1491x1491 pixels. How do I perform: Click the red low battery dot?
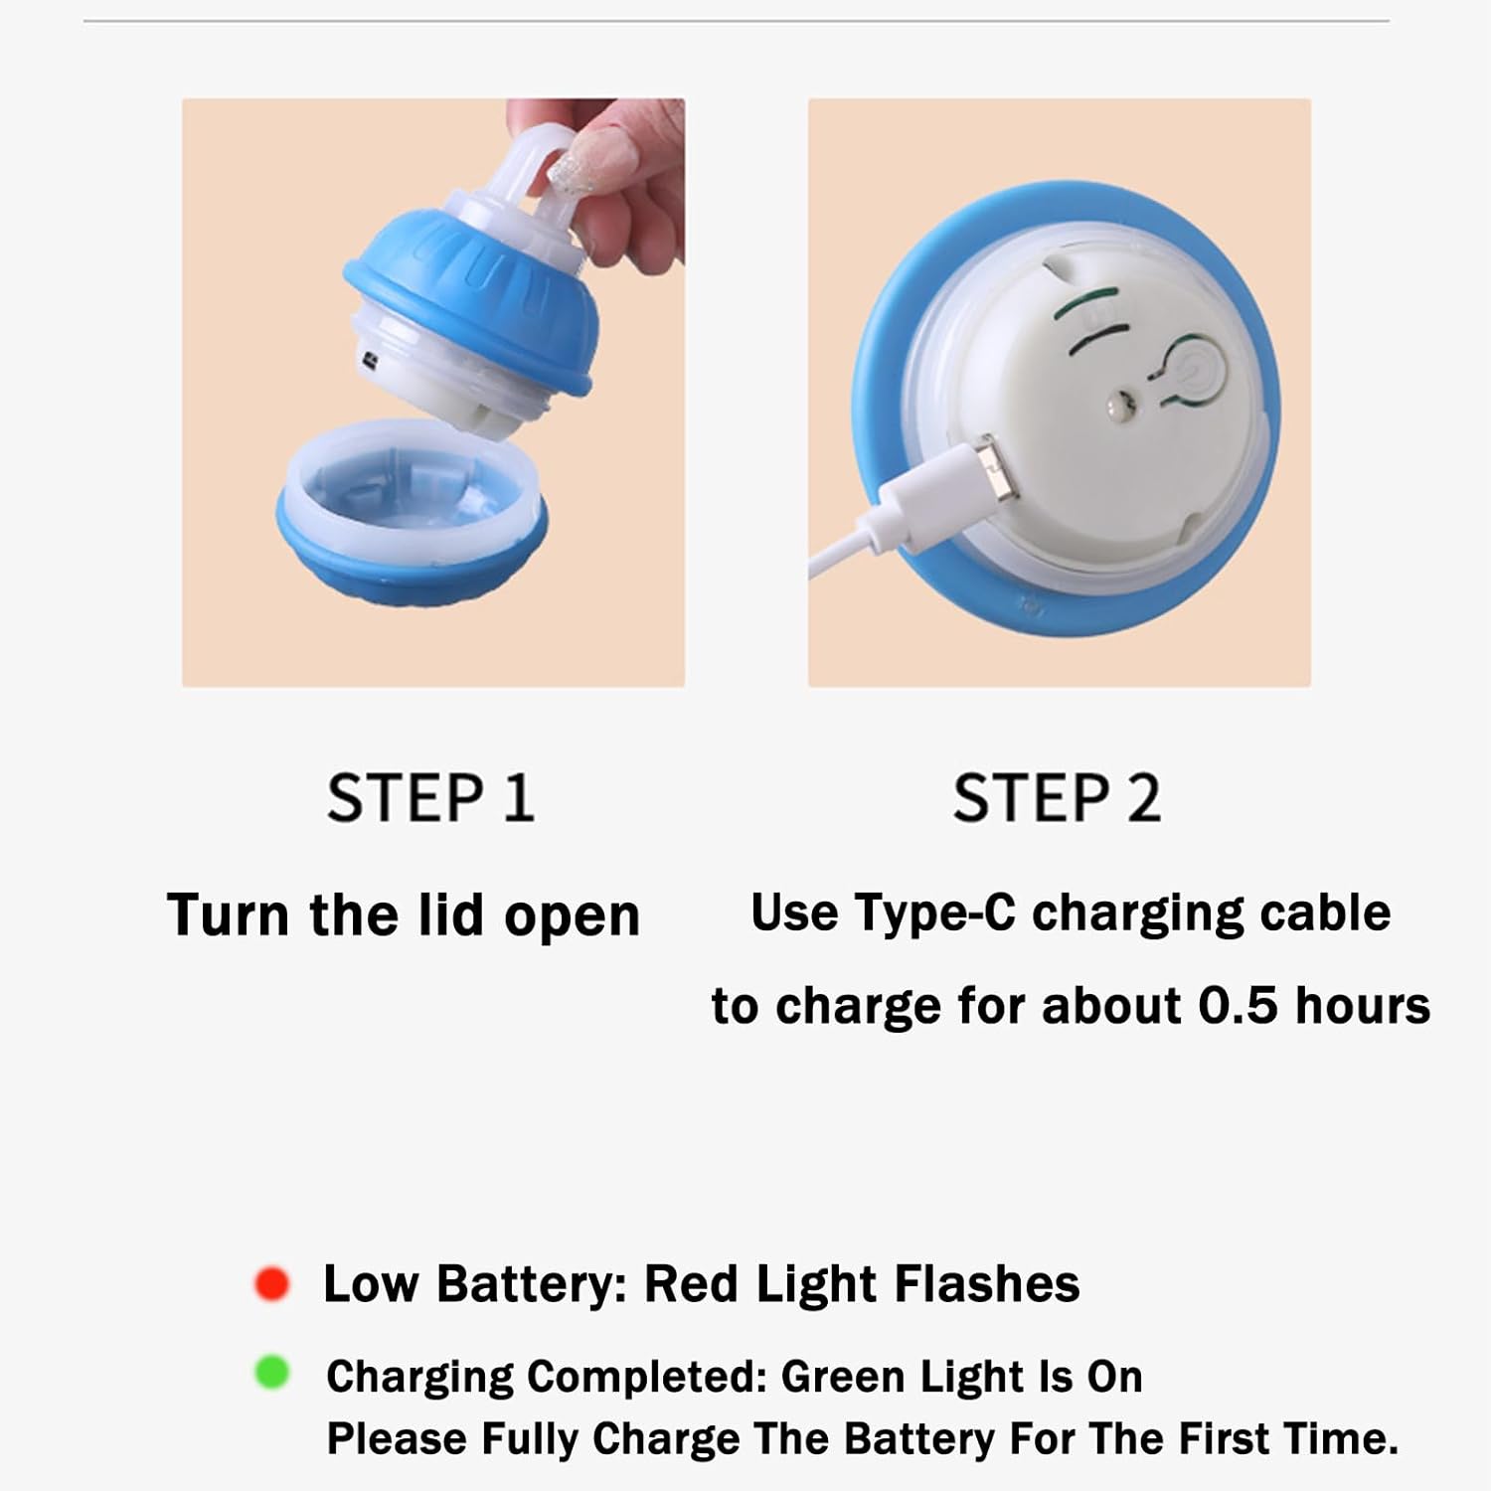coord(271,1283)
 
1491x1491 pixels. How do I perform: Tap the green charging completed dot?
coord(271,1373)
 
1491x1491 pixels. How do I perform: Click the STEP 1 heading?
coord(430,797)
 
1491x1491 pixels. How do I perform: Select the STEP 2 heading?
coord(1057,797)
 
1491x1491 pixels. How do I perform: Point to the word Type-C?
coord(933,912)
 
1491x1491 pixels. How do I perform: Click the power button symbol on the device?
coord(1189,373)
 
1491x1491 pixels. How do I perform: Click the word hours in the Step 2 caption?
coord(1363,1005)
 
